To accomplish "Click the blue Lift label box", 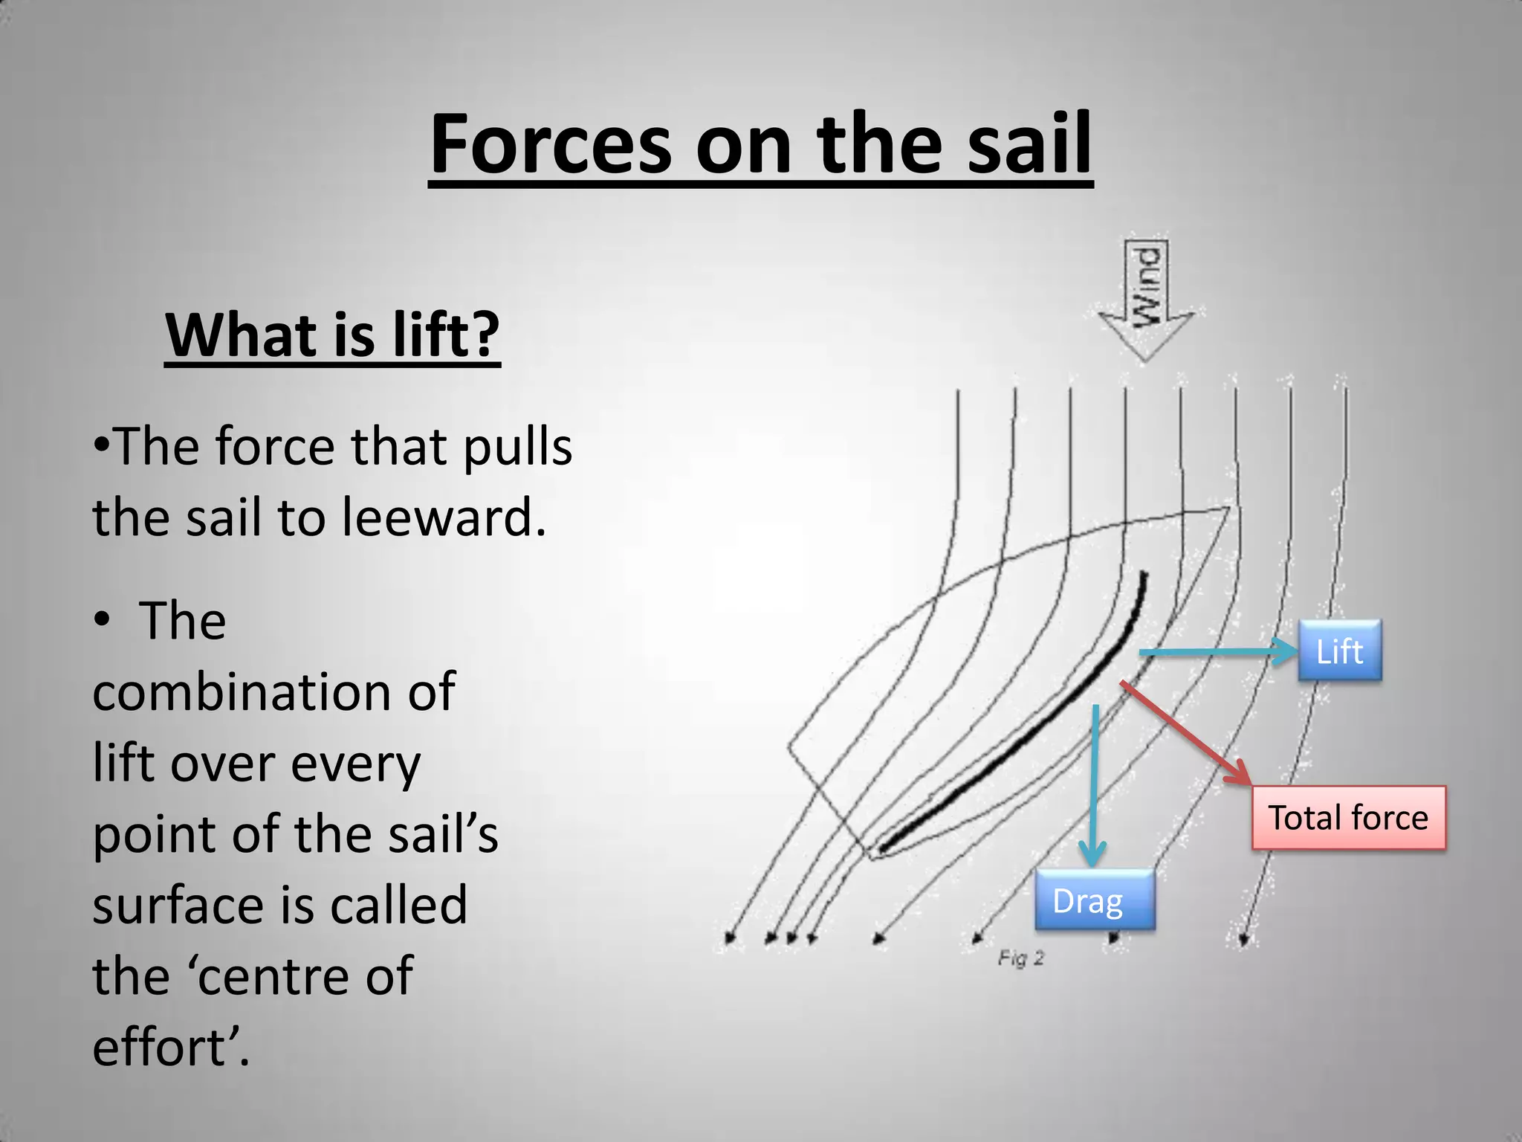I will coord(1339,651).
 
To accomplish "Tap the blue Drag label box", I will coord(1094,900).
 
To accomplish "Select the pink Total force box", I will coord(1348,817).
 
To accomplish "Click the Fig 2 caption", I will coord(1020,958).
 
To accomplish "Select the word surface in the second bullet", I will coord(181,906).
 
